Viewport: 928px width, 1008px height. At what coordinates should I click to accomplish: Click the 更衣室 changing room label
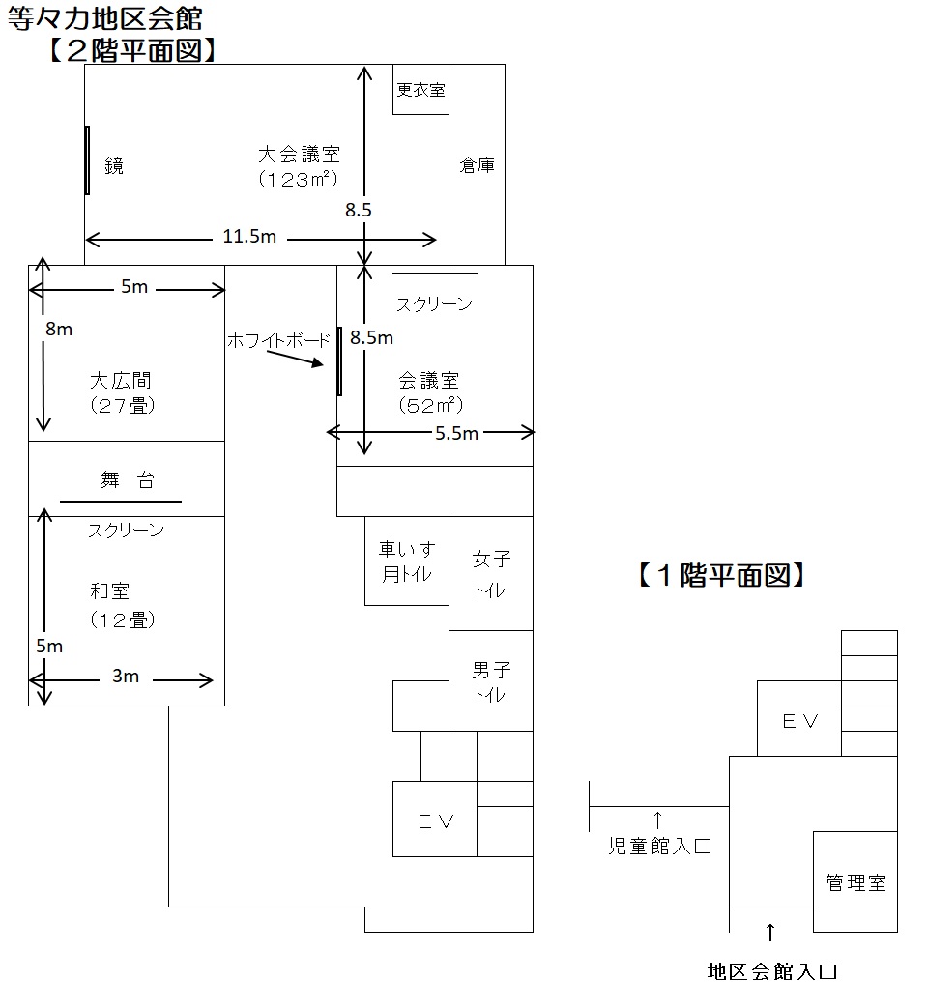[x=420, y=90]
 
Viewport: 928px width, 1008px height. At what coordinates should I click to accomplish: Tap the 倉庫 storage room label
[x=478, y=165]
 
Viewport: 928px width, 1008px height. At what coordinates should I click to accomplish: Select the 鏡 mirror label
[x=114, y=166]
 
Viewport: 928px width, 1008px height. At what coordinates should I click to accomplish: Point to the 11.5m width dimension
[x=249, y=237]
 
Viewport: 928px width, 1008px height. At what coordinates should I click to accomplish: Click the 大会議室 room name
[x=299, y=155]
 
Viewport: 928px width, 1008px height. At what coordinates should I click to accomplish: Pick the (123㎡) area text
[x=298, y=179]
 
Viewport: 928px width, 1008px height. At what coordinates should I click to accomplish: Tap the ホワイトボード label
[x=278, y=340]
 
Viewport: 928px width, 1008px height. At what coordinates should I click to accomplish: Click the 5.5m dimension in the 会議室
[x=456, y=433]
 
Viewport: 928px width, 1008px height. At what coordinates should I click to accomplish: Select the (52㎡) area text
[x=430, y=405]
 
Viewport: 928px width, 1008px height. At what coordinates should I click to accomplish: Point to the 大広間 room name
[x=121, y=381]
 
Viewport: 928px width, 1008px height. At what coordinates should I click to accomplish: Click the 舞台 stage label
[x=128, y=479]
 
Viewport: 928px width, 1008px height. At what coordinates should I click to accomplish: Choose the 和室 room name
[x=110, y=590]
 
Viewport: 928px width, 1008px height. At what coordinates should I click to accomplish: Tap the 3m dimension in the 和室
[x=126, y=676]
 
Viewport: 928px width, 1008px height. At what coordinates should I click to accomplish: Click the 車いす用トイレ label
[x=407, y=562]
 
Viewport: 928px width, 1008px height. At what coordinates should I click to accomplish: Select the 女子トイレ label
[x=491, y=574]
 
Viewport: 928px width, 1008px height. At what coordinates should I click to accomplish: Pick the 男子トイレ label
[x=491, y=682]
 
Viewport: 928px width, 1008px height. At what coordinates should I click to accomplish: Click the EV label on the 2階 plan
[x=436, y=821]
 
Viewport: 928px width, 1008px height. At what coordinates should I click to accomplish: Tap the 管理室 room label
[x=855, y=882]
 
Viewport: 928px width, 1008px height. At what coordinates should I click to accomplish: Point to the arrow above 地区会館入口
[x=770, y=933]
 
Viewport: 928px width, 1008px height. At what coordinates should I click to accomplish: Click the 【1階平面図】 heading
[x=721, y=575]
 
